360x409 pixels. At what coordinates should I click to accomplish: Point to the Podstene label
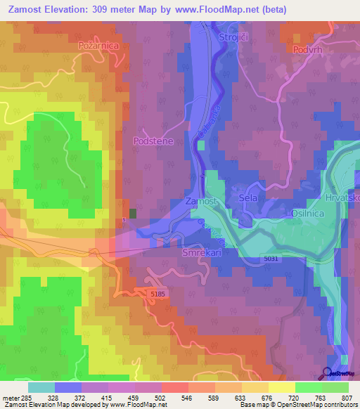pyautogui.click(x=153, y=141)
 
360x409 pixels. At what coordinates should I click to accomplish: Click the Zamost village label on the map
pyautogui.click(x=202, y=201)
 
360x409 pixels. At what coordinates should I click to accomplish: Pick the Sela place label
pyautogui.click(x=249, y=198)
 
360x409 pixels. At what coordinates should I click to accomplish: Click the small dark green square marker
pyautogui.click(x=133, y=213)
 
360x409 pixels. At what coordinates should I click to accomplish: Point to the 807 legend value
pyautogui.click(x=347, y=398)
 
